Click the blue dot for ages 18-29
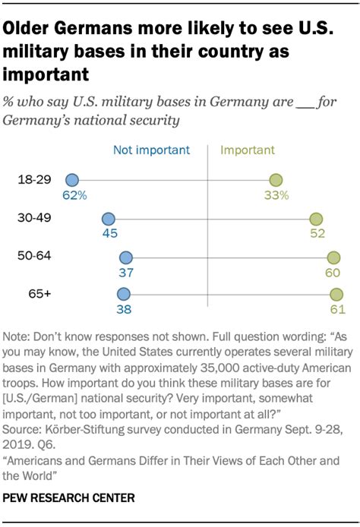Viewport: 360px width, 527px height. [x=72, y=180]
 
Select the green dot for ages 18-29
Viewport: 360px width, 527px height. [x=277, y=180]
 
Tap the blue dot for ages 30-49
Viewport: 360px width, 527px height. [x=109, y=219]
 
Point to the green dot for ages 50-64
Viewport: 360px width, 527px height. [x=333, y=258]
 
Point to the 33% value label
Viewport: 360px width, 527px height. [x=277, y=195]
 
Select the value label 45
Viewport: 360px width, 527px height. [x=109, y=234]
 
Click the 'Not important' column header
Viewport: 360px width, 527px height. [x=151, y=150]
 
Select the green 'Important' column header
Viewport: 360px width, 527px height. [x=247, y=150]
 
